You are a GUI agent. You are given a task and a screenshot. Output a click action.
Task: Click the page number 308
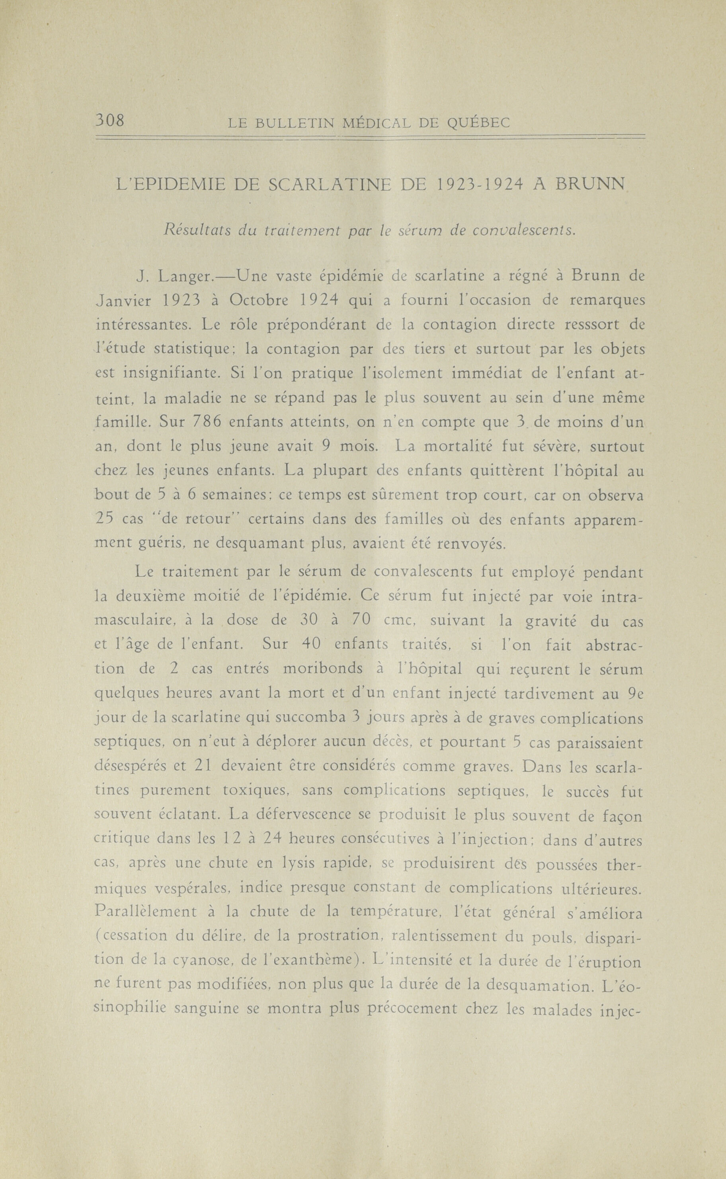[x=110, y=119]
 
